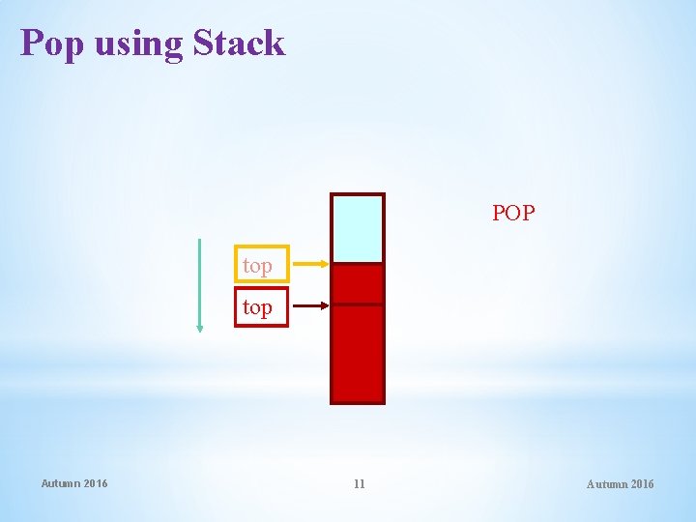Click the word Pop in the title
53,44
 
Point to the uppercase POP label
512,213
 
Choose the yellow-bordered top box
261,264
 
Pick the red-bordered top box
261,307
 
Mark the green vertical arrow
200,285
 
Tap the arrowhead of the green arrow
200,328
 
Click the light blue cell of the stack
358,229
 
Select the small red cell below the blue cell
358,284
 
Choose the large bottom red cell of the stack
358,353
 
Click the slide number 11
359,483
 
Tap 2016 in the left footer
96,483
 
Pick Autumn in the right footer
607,483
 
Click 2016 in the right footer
642,483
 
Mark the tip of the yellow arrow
328,263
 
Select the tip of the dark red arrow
328,306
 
